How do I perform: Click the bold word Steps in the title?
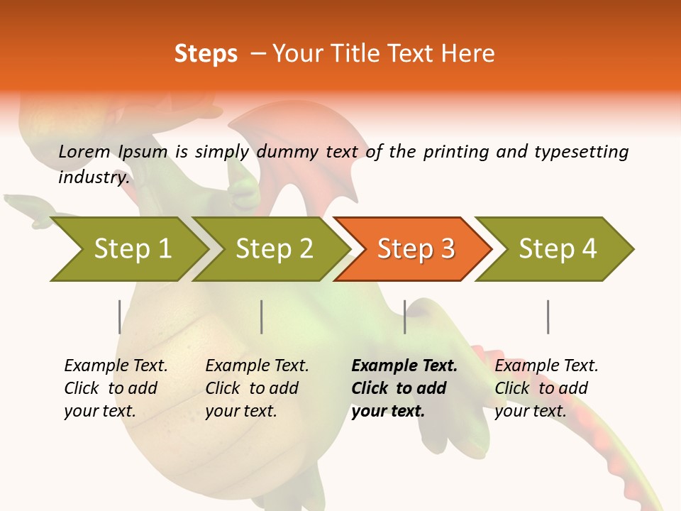point(206,54)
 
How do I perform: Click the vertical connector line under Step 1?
point(119,317)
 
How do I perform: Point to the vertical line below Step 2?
point(262,317)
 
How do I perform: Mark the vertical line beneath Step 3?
point(405,317)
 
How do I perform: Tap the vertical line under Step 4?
point(548,317)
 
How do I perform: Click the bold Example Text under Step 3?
point(404,366)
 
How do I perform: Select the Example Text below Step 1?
point(116,366)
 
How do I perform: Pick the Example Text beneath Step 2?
point(257,366)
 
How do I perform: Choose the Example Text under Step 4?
point(546,366)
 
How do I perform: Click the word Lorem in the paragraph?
point(84,151)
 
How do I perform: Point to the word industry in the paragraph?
point(94,177)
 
